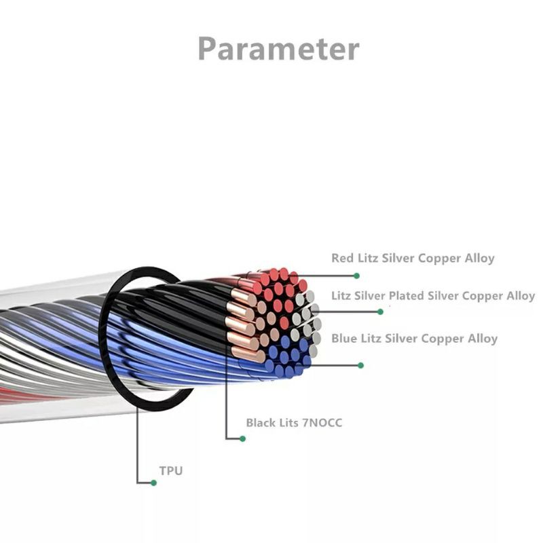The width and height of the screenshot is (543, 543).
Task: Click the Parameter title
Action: pyautogui.click(x=278, y=49)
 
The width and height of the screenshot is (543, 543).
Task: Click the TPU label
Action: pyautogui.click(x=170, y=470)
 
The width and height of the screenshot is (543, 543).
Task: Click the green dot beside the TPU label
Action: pyautogui.click(x=154, y=483)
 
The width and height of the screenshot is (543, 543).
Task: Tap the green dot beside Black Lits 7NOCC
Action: pyautogui.click(x=242, y=438)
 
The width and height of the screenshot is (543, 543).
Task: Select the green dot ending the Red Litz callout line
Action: pyautogui.click(x=356, y=276)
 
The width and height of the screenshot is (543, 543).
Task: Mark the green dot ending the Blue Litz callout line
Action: pyautogui.click(x=360, y=365)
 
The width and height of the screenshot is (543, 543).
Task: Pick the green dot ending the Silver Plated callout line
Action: pyautogui.click(x=380, y=312)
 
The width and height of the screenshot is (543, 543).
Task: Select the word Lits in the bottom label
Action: pyautogui.click(x=289, y=423)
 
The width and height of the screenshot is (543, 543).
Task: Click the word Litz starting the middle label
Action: pyautogui.click(x=343, y=297)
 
